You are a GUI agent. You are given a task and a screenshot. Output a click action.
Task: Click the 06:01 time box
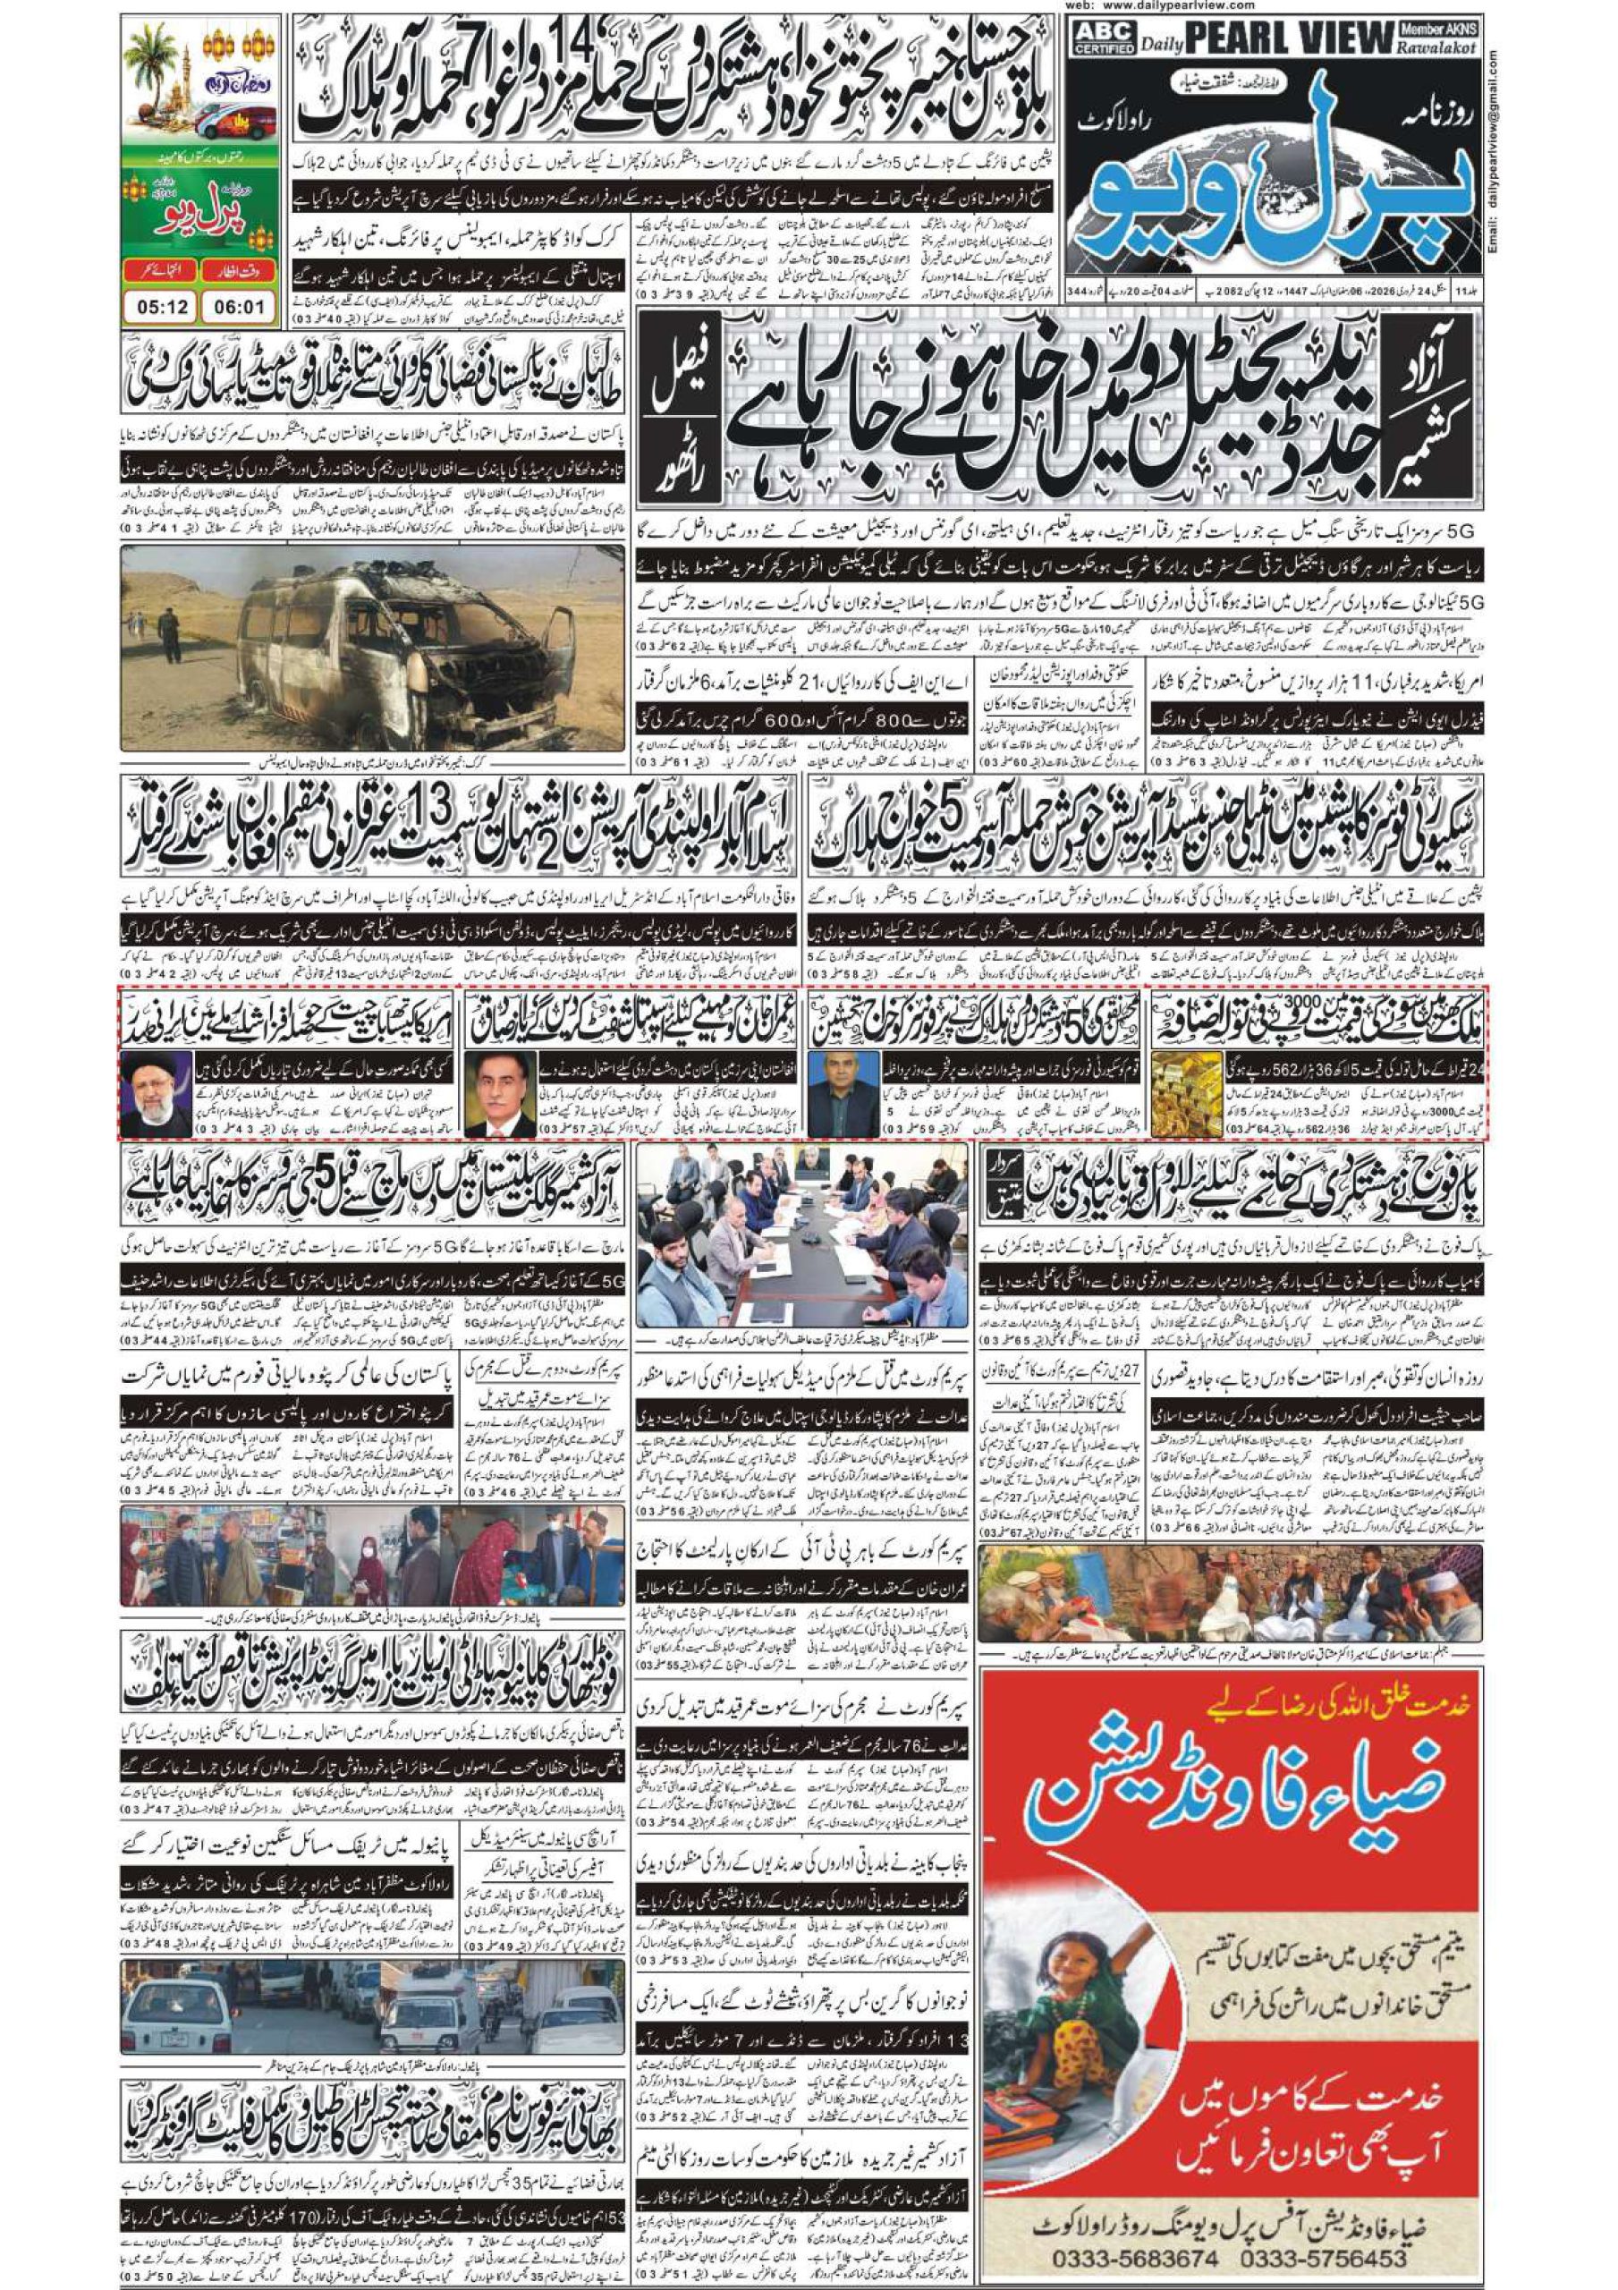click(239, 306)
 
